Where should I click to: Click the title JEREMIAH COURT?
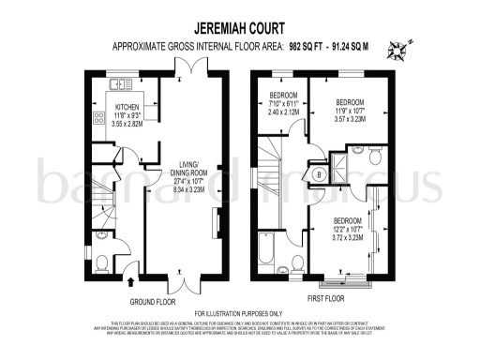239,28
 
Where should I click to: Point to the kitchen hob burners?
98,119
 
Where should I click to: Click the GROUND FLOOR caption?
154,302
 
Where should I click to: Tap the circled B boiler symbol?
320,173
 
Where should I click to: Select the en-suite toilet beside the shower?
374,153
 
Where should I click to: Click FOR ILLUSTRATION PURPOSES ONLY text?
238,313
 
